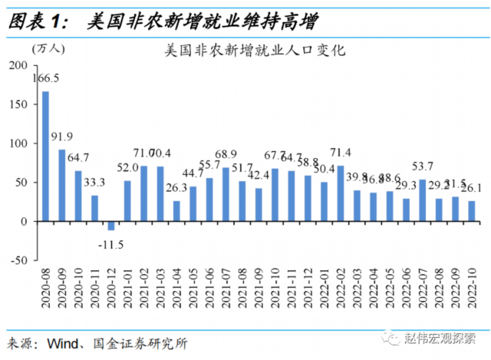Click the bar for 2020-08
click(45, 156)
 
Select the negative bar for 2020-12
click(111, 226)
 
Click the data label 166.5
click(46, 78)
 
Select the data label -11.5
click(112, 244)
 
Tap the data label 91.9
click(62, 137)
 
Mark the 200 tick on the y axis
click(17, 65)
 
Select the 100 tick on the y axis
click(17, 144)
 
